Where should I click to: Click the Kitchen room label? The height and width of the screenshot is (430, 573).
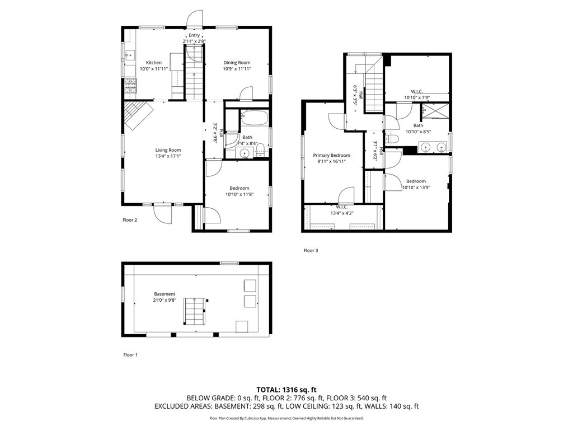[154, 63]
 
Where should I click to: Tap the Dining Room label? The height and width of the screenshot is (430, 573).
[237, 63]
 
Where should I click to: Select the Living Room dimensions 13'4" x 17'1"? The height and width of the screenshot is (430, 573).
[168, 156]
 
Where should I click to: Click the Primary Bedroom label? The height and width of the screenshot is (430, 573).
[331, 156]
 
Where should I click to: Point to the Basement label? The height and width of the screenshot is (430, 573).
[165, 294]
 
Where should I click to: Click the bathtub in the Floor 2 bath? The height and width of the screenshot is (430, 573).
[255, 119]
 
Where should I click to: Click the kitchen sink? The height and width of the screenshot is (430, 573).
[130, 55]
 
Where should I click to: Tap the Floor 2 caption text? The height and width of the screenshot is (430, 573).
[130, 220]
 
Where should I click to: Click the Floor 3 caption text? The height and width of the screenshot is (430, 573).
[311, 251]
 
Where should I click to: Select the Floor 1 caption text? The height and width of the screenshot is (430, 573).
[130, 355]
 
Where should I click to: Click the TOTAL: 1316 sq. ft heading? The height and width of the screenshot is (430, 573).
[286, 389]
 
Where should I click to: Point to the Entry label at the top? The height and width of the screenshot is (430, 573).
[194, 35]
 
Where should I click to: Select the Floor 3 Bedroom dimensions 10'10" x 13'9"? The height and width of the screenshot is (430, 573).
[416, 188]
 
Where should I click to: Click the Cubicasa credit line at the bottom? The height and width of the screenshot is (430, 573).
[286, 418]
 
